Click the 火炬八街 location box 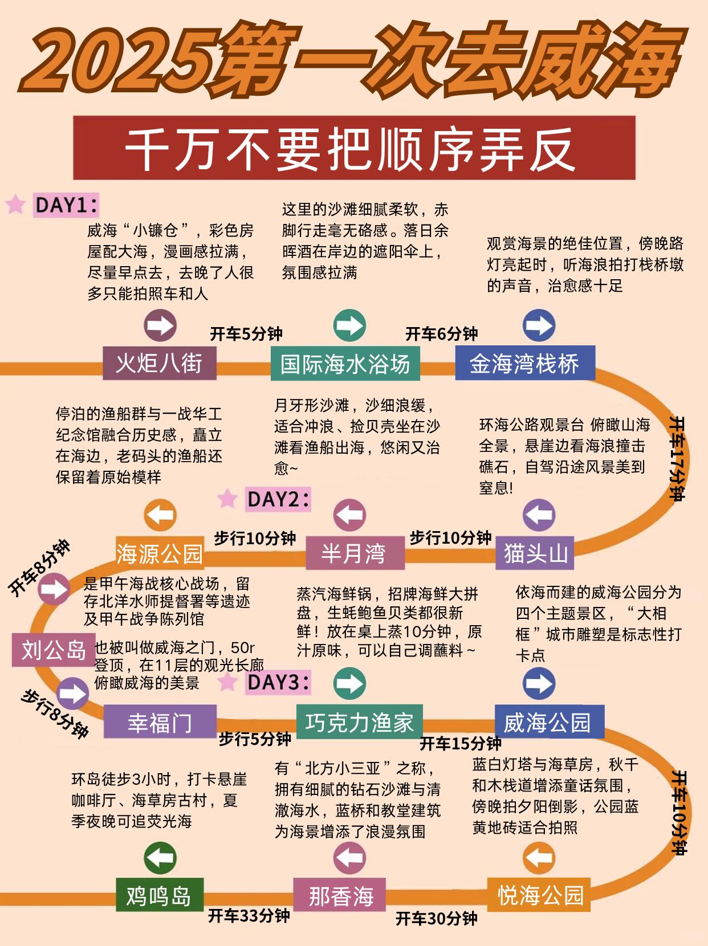(x=160, y=363)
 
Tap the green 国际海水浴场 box (x=345, y=364)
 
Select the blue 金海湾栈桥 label (x=525, y=363)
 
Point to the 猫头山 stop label (x=535, y=553)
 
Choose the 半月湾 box (x=355, y=553)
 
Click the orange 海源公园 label (x=160, y=553)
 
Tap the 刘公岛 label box (x=54, y=650)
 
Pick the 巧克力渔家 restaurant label (x=359, y=721)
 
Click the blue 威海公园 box (x=550, y=721)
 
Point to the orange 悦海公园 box (x=539, y=895)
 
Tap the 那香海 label (x=340, y=895)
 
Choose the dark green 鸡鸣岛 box (x=160, y=895)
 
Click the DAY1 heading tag (x=66, y=205)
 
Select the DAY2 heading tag (x=278, y=499)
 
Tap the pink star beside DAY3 (x=227, y=682)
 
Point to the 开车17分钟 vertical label (x=677, y=458)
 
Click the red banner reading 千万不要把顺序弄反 (x=354, y=148)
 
